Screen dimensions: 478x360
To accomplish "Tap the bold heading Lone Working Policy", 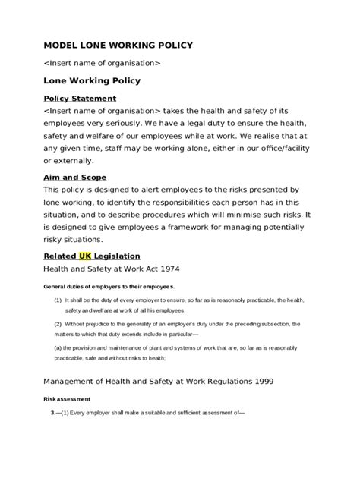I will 92,80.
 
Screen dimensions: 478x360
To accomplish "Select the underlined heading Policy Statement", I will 80,99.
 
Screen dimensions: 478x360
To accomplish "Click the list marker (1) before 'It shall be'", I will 57,300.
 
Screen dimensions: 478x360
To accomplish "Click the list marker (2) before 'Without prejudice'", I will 57,324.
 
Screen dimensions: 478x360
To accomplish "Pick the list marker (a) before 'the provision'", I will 57,347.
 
